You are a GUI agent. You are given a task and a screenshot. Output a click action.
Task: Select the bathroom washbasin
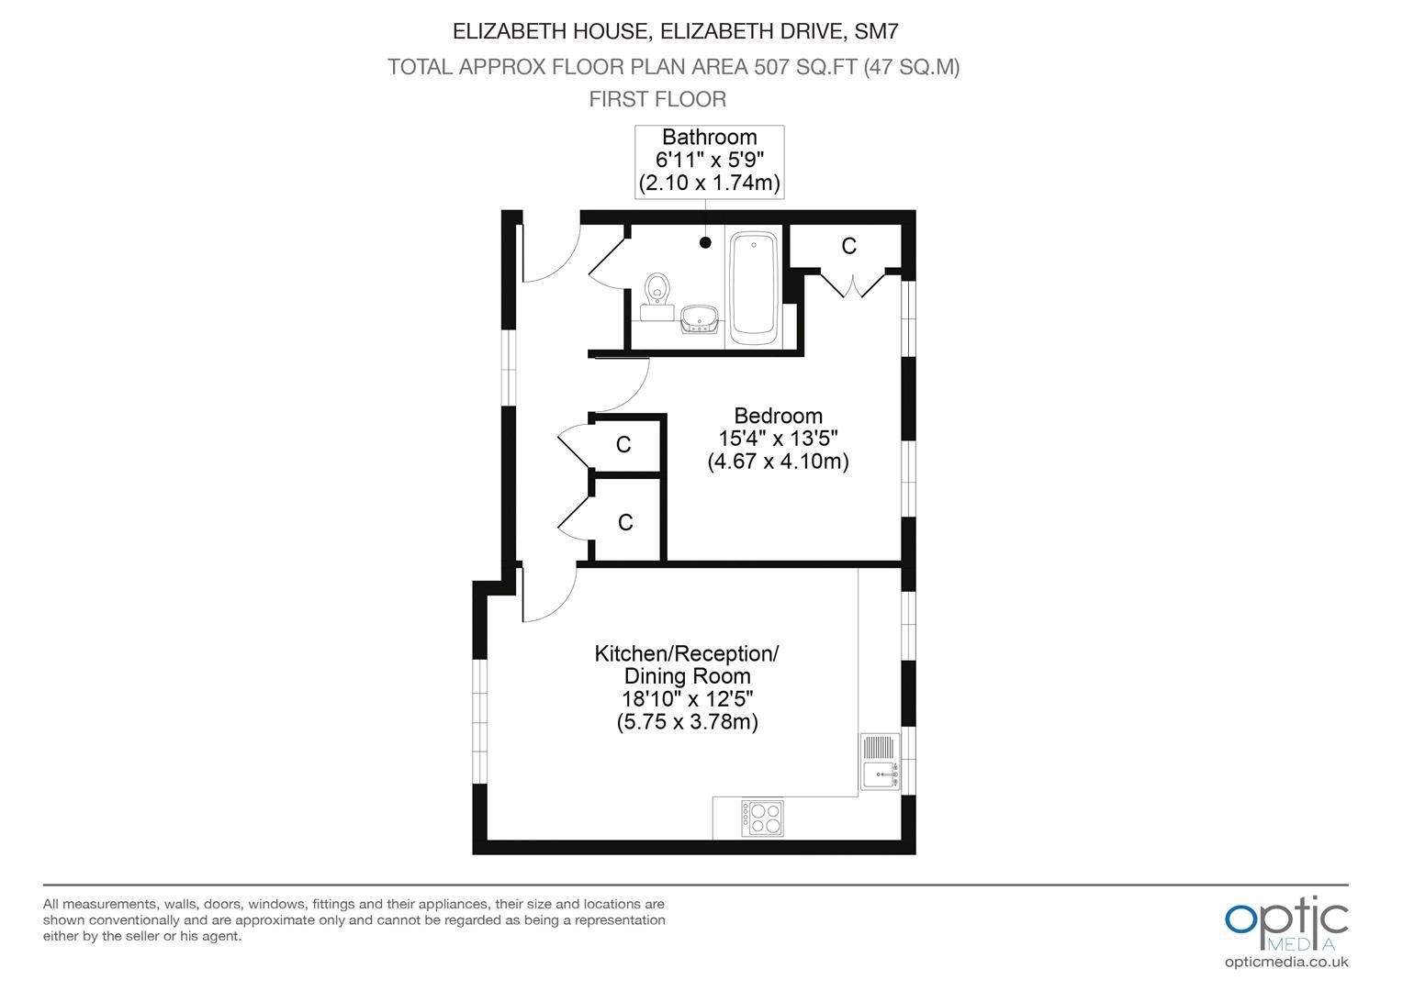click(699, 319)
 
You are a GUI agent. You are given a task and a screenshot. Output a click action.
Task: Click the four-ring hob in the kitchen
click(762, 818)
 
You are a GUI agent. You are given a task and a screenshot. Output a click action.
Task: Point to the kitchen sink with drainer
click(880, 762)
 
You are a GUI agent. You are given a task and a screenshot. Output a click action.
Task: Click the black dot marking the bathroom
click(705, 242)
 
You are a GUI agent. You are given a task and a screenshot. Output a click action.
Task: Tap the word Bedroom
click(778, 416)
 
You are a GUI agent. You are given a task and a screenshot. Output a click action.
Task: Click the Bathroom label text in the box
click(709, 137)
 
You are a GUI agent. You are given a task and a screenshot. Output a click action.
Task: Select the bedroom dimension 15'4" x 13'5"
click(778, 439)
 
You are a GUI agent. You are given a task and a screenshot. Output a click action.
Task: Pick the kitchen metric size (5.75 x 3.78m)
click(687, 722)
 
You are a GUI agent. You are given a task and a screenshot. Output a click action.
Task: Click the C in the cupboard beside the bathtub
click(848, 246)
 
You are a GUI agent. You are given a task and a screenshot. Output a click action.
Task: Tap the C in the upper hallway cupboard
click(623, 444)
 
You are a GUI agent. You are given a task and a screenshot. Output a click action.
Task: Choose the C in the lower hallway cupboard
click(625, 522)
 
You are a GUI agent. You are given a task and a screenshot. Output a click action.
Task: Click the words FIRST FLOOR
click(657, 99)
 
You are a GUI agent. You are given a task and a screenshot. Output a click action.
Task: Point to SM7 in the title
click(876, 31)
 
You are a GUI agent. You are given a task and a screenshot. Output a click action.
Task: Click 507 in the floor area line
click(772, 66)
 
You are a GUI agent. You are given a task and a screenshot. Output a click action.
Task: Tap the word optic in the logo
click(1286, 919)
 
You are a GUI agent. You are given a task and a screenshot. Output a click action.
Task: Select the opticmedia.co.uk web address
click(1286, 963)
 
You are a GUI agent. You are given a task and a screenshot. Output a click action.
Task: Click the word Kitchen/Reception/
click(687, 653)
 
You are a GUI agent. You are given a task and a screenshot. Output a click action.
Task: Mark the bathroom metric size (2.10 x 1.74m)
click(709, 183)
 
